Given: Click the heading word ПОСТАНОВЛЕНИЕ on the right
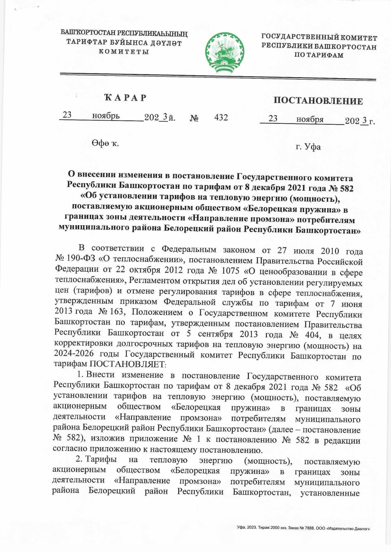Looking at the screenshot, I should click(318, 101).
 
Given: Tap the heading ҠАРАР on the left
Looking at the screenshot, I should click(125, 98).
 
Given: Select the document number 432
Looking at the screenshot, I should click(221, 117).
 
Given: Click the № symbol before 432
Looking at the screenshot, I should click(194, 118).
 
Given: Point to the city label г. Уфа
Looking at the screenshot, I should click(308, 147).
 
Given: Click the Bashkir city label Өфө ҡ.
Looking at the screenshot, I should click(105, 144).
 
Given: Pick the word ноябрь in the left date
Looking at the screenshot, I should click(106, 116).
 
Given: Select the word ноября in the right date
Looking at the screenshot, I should click(310, 119).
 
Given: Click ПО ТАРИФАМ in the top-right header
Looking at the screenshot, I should click(319, 55).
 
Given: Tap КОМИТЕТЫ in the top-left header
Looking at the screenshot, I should click(124, 52).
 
